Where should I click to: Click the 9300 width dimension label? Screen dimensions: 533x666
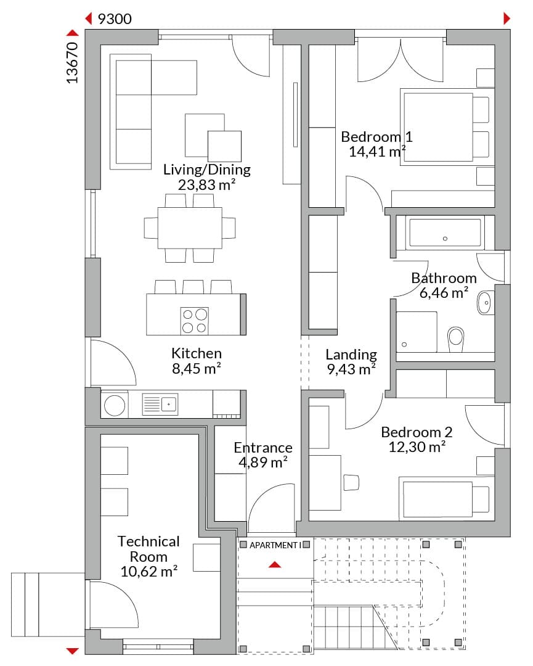pyautogui.click(x=115, y=18)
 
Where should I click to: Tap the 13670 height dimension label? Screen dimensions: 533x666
pyautogui.click(x=73, y=62)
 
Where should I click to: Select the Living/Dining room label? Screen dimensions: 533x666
pyautogui.click(x=207, y=170)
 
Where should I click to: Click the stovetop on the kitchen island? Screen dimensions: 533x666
pyautogui.click(x=195, y=320)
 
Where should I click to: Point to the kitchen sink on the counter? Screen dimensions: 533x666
pyautogui.click(x=160, y=404)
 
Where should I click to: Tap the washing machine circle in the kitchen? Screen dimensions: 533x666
pyautogui.click(x=115, y=405)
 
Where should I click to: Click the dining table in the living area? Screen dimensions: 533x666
pyautogui.click(x=190, y=228)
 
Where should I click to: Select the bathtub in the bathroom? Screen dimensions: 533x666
pyautogui.click(x=445, y=232)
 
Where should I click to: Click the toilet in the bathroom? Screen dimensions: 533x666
pyautogui.click(x=456, y=339)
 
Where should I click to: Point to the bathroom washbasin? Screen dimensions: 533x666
pyautogui.click(x=486, y=302)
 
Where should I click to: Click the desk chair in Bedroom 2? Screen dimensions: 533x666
pyautogui.click(x=351, y=482)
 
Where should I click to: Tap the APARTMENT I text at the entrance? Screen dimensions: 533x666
pyautogui.click(x=275, y=545)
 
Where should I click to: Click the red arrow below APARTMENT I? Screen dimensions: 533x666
pyautogui.click(x=275, y=564)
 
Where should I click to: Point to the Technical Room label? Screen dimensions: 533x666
pyautogui.click(x=149, y=549)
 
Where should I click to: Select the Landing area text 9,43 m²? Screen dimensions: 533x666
pyautogui.click(x=351, y=369)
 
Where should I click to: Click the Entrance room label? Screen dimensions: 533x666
pyautogui.click(x=263, y=448)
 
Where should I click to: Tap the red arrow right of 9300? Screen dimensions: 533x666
pyautogui.click(x=507, y=18)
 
